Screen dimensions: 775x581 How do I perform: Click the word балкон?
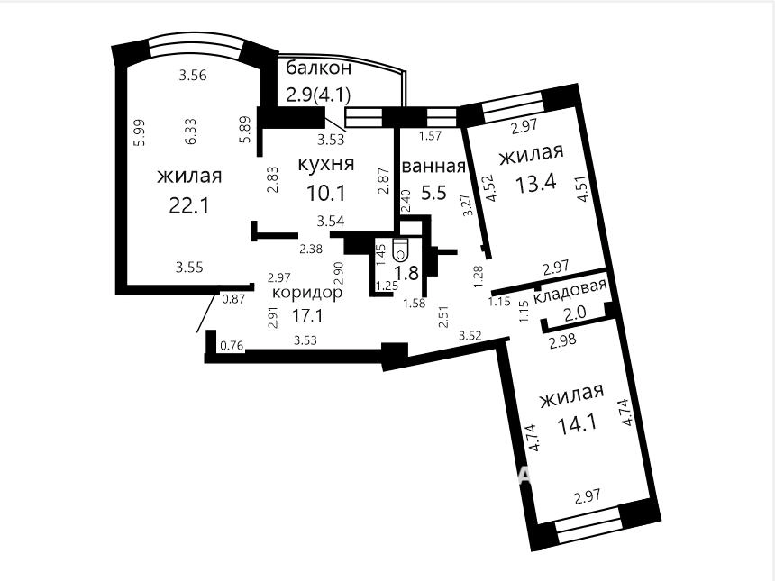click(319, 68)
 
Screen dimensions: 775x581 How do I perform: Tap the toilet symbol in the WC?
click(400, 250)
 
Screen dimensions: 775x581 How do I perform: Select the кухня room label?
click(326, 164)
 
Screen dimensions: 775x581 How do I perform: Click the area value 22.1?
click(189, 206)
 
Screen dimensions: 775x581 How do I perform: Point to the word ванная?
click(434, 167)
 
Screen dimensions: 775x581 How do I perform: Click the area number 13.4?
click(536, 183)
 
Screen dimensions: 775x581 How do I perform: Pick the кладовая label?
click(570, 297)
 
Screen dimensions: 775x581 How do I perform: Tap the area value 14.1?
click(577, 424)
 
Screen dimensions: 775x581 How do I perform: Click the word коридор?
click(307, 293)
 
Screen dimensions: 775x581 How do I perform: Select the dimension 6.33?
click(190, 131)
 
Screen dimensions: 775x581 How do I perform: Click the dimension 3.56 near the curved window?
click(193, 76)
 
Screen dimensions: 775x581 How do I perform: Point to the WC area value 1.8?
click(407, 273)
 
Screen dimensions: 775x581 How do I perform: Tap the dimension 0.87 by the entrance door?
click(233, 299)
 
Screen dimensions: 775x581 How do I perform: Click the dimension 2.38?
click(311, 249)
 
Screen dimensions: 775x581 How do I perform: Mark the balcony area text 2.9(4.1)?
click(319, 94)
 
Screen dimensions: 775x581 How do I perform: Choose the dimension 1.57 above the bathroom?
click(430, 136)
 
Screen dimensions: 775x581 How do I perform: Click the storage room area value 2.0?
click(575, 313)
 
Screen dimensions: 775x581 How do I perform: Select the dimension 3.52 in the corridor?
click(470, 336)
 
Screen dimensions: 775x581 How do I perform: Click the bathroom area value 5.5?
click(433, 192)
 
